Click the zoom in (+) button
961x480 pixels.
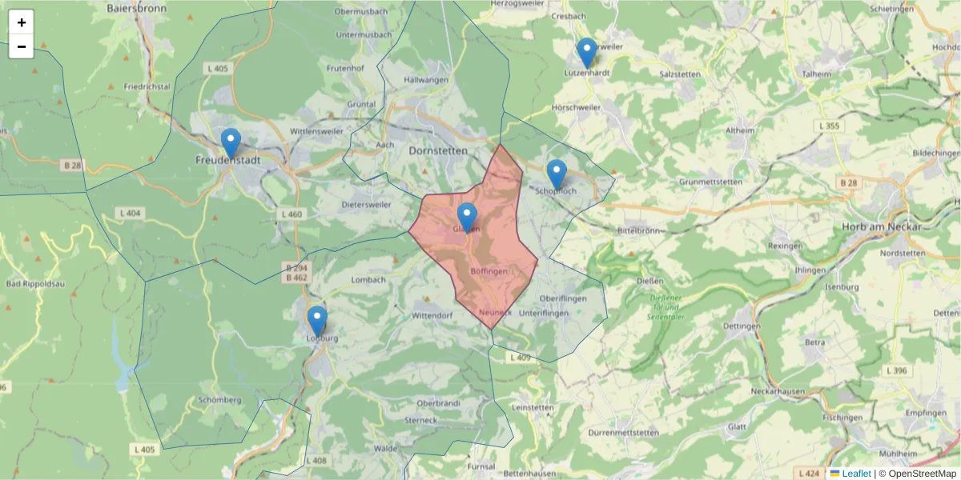21,22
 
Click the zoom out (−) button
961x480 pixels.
21,46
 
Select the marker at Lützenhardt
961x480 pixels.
587,53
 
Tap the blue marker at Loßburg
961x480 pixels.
317,321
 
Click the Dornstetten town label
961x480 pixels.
436,150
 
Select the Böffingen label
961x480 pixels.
489,272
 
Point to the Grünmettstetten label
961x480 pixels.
710,182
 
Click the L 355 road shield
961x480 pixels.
829,126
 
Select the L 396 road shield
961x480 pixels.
896,370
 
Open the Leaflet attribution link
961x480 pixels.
855,474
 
